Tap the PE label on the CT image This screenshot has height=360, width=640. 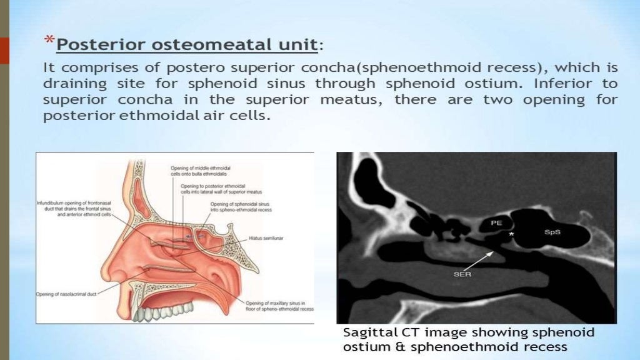tap(496, 222)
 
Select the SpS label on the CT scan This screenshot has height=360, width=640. tap(552, 231)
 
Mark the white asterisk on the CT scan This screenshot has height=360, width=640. tap(512, 233)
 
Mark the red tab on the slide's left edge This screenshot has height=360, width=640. tap(4, 50)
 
